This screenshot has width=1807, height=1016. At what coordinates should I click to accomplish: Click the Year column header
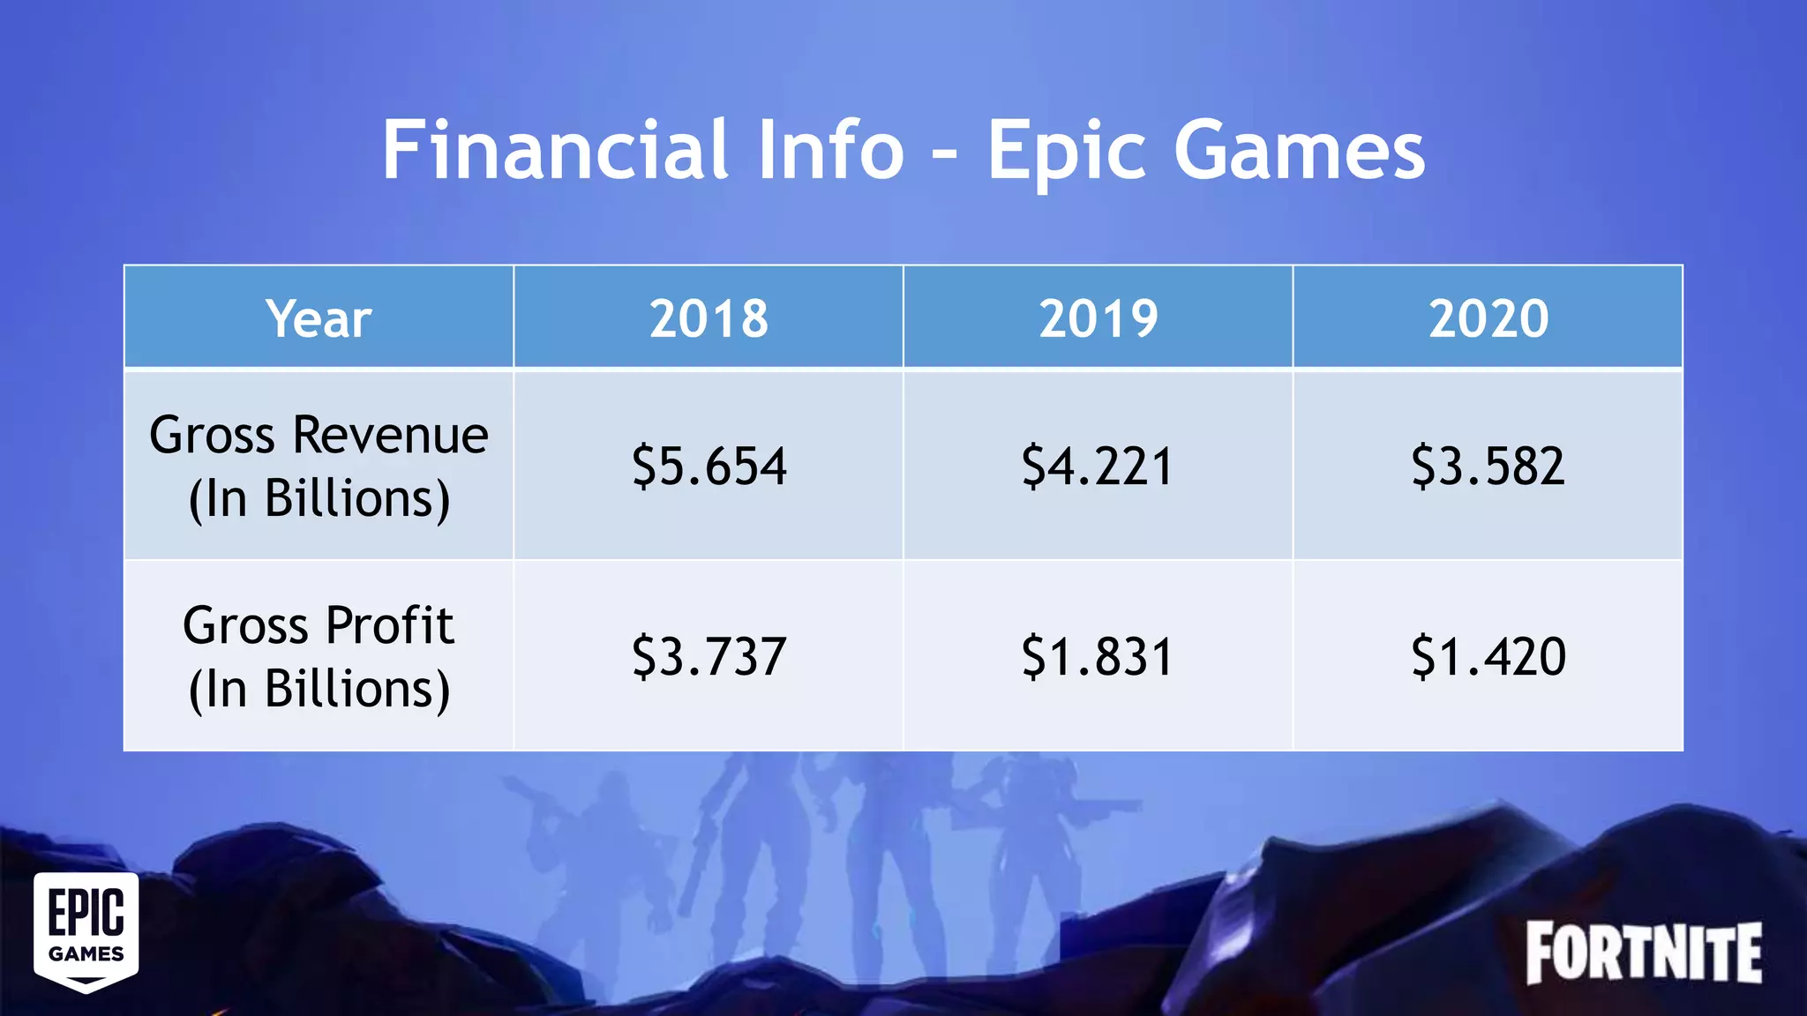pyautogui.click(x=319, y=318)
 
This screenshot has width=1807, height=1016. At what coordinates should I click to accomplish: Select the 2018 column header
pyautogui.click(x=709, y=318)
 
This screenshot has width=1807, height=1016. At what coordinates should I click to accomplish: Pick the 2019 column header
pyautogui.click(x=1098, y=318)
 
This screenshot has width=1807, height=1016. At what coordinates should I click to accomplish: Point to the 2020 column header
pyautogui.click(x=1488, y=318)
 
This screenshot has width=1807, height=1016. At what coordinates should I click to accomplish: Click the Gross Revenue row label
pyautogui.click(x=319, y=467)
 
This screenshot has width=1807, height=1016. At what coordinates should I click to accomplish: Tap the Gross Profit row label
pyautogui.click(x=319, y=657)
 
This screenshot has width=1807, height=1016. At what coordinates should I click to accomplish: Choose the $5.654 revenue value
pyautogui.click(x=709, y=467)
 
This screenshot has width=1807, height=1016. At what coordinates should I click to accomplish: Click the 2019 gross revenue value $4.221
pyautogui.click(x=1098, y=467)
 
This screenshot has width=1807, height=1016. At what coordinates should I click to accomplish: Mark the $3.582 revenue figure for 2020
pyautogui.click(x=1488, y=467)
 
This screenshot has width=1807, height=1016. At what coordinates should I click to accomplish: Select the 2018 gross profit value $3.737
pyautogui.click(x=709, y=657)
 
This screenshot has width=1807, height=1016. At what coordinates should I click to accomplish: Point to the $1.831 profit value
pyautogui.click(x=1098, y=657)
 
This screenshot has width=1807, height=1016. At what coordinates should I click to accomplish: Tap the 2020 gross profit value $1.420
pyautogui.click(x=1488, y=657)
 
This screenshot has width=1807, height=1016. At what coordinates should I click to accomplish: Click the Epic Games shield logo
pyautogui.click(x=86, y=931)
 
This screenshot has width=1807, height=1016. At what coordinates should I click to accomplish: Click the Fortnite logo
pyautogui.click(x=1644, y=952)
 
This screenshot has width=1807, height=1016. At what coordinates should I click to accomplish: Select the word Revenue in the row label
pyautogui.click(x=390, y=435)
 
